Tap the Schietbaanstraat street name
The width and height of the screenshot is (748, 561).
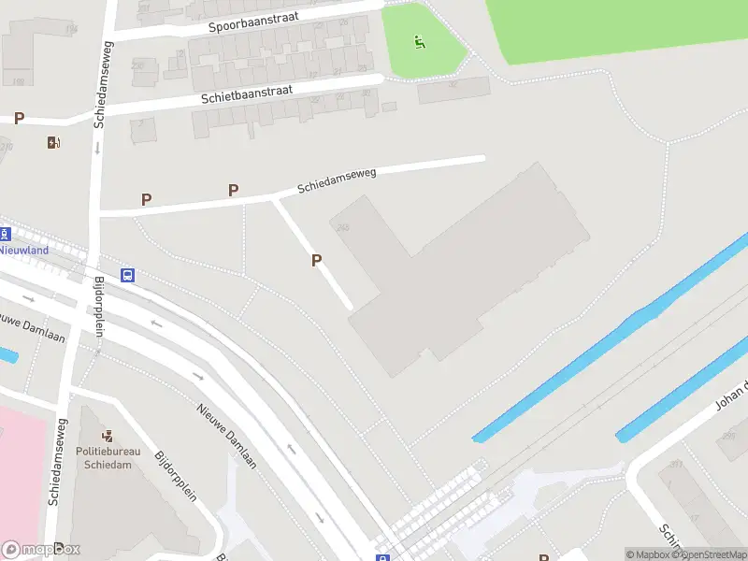(246, 94)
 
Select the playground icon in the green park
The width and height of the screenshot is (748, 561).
(420, 41)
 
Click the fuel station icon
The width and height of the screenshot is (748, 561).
(53, 142)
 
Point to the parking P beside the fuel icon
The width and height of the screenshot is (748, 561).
(19, 119)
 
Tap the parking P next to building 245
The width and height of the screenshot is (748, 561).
(317, 261)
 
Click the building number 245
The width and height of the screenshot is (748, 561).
(343, 227)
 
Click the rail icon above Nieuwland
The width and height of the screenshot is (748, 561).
(4, 234)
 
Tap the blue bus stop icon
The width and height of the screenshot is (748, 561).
(127, 275)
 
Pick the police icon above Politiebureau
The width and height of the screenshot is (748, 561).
(108, 435)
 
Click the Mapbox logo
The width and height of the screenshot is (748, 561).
(41, 550)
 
